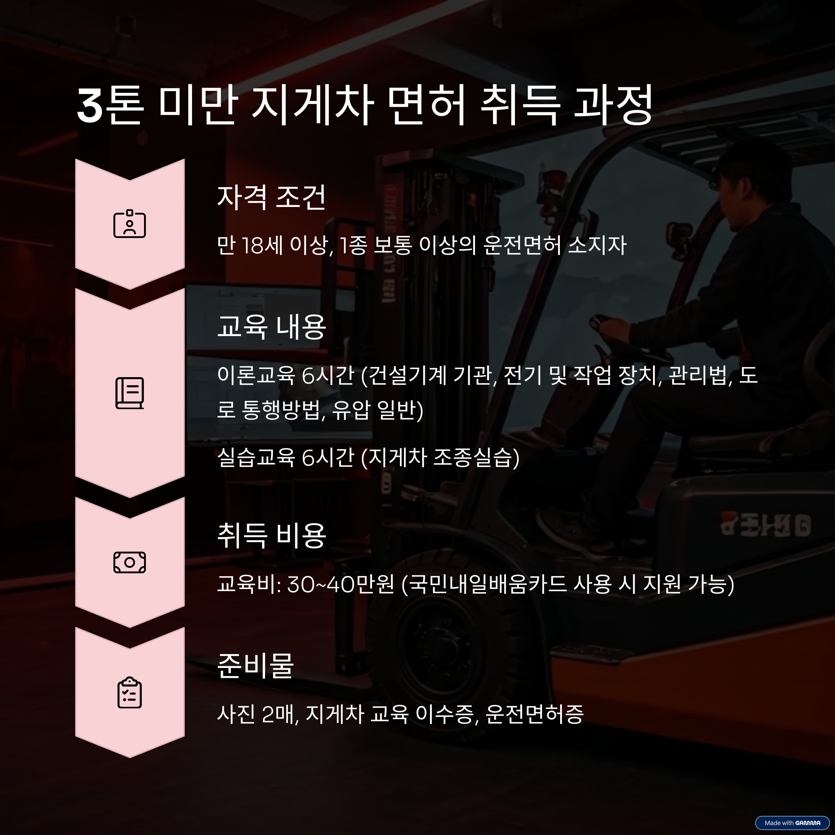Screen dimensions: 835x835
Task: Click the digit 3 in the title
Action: [90, 106]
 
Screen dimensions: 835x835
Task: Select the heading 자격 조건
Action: [271, 198]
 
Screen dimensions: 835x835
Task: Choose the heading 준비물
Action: [255, 666]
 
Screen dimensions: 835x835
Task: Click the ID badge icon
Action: [130, 224]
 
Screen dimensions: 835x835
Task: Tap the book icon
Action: [130, 393]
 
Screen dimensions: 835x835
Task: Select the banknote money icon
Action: [130, 562]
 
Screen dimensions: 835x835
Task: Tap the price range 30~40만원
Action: [341, 584]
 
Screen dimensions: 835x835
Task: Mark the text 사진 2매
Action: [257, 714]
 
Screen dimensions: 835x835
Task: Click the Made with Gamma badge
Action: [792, 823]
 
